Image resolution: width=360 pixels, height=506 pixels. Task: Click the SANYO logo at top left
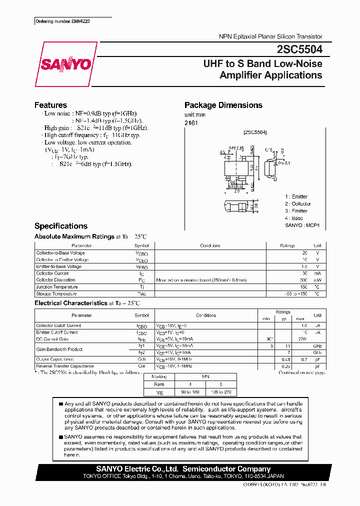click(x=65, y=64)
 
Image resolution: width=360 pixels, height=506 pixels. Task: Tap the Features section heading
click(x=50, y=105)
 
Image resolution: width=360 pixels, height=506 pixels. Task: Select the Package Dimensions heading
click(x=223, y=105)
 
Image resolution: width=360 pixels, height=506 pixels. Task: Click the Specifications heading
click(x=60, y=226)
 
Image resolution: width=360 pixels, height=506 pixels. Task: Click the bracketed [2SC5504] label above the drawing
click(x=255, y=132)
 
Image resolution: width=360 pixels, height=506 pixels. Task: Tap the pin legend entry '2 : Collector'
click(x=298, y=204)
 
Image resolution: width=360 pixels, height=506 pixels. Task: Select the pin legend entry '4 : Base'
click(x=294, y=218)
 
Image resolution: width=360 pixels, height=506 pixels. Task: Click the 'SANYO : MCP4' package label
click(x=302, y=226)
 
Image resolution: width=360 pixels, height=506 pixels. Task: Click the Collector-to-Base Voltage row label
click(x=59, y=253)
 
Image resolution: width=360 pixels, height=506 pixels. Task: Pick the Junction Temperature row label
click(x=57, y=287)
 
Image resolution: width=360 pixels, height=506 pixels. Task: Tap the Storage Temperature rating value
click(x=293, y=294)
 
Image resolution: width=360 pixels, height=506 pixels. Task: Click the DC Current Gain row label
click(x=53, y=339)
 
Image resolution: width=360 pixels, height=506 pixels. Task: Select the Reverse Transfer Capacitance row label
click(x=65, y=366)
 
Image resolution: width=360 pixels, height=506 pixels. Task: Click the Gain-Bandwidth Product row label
click(x=59, y=349)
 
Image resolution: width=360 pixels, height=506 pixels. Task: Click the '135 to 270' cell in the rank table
click(x=220, y=392)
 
